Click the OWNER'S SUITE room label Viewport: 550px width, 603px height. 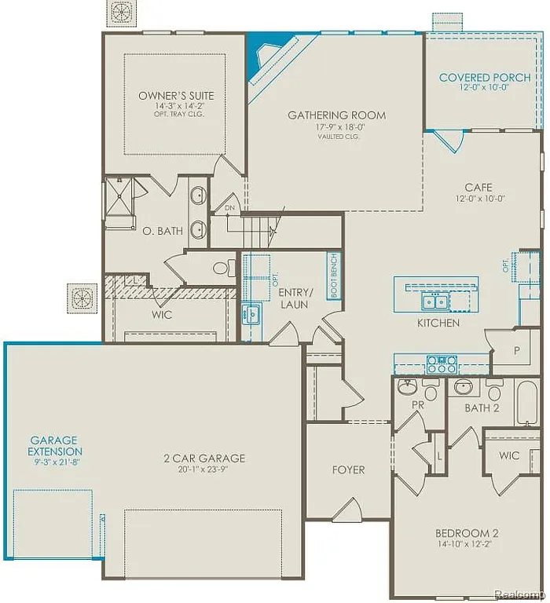click(x=176, y=96)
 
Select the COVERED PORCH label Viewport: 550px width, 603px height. click(x=484, y=78)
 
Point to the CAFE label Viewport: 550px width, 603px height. click(x=478, y=187)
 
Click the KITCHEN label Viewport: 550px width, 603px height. click(x=438, y=323)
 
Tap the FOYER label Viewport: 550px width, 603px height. click(x=348, y=470)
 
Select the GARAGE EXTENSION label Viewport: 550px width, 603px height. click(x=55, y=446)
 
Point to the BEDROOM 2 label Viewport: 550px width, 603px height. click(x=469, y=533)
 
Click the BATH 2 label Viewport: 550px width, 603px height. click(x=482, y=407)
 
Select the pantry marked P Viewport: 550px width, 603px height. click(x=516, y=351)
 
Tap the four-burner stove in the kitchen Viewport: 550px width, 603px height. click(x=442, y=364)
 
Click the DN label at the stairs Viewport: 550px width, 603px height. click(x=229, y=208)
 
